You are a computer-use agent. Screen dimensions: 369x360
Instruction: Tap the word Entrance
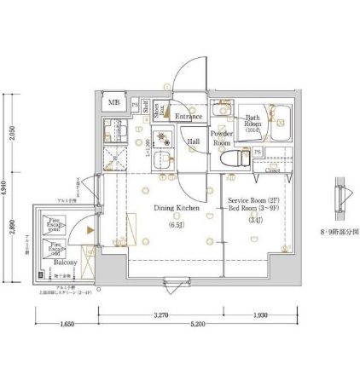coord(188,116)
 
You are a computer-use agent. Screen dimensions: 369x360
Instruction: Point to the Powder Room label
coord(222,139)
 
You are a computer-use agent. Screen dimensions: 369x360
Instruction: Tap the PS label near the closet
coord(258,153)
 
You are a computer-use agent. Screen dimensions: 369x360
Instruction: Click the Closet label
coord(273,170)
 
